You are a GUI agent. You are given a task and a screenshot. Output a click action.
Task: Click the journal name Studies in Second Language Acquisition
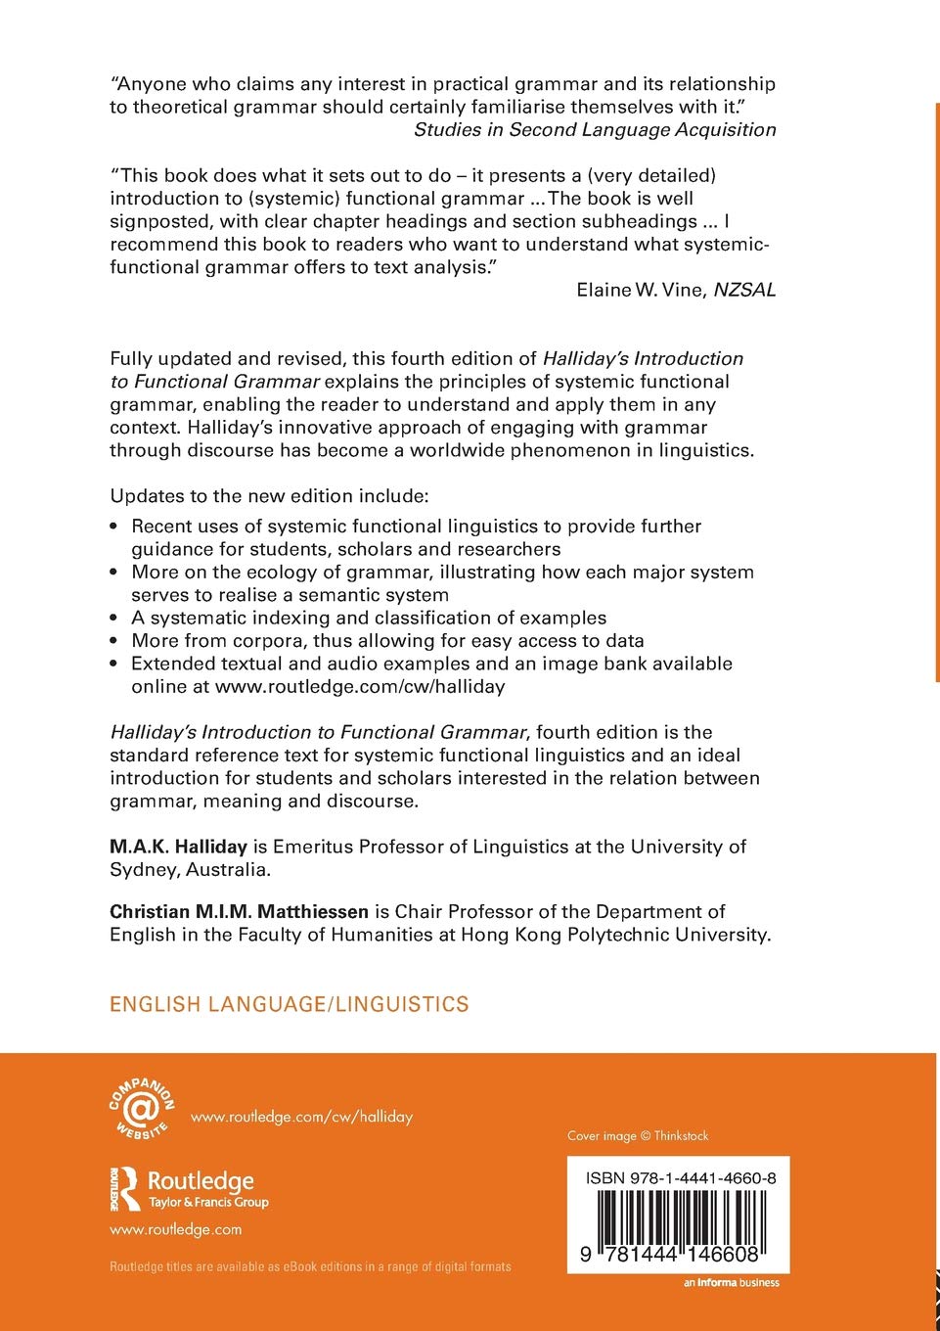(x=595, y=130)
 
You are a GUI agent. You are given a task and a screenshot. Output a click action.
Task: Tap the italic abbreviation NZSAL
(x=744, y=290)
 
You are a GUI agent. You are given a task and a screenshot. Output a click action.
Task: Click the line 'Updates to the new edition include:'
(x=269, y=495)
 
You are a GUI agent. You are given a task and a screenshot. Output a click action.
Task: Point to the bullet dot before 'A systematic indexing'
(x=114, y=618)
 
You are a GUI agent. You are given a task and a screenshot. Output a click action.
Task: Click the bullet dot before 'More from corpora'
(x=114, y=641)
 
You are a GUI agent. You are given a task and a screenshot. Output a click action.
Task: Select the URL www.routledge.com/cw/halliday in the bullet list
(x=359, y=687)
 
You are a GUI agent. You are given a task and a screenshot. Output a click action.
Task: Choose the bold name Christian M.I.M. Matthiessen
(x=239, y=911)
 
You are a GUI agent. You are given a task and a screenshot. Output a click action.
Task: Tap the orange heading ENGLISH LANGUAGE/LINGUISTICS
(x=290, y=1004)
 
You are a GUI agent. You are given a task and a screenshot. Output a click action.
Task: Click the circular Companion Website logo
(x=141, y=1109)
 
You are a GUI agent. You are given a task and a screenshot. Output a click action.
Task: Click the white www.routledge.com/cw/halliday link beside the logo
(x=301, y=1117)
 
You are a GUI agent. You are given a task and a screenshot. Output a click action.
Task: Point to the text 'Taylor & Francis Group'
(x=208, y=1203)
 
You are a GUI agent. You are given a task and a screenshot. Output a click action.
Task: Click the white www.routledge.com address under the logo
(x=176, y=1229)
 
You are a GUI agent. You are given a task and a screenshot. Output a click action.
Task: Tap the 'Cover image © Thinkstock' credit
(x=638, y=1136)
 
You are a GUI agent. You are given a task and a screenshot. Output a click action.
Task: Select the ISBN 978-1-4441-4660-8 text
(x=681, y=1178)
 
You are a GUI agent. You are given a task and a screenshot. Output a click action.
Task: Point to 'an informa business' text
(x=732, y=1283)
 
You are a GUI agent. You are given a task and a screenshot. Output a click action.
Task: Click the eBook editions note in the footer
(x=310, y=1266)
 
